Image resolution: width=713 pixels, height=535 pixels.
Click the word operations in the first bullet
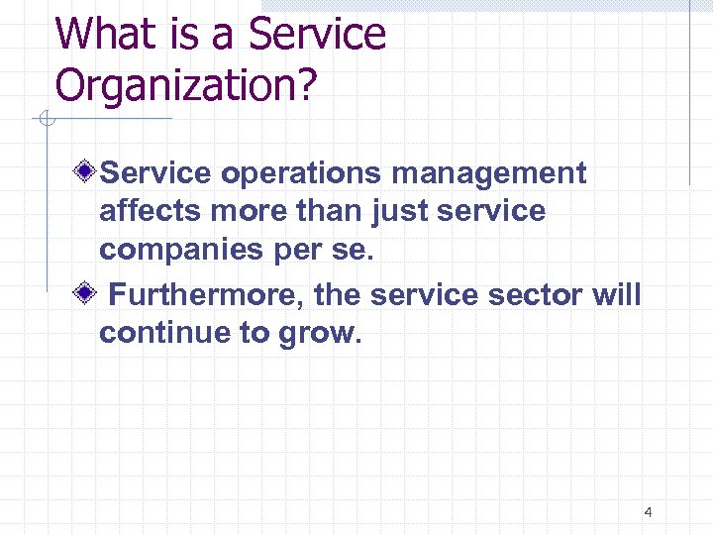tap(302, 174)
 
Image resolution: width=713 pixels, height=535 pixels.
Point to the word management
tap(489, 173)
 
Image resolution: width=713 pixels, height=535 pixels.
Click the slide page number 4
tap(648, 512)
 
